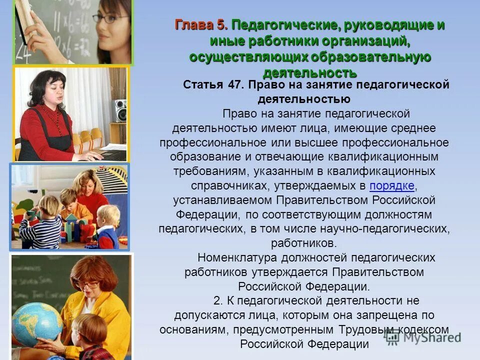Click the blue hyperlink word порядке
pos(391,186)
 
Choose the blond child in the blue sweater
pos(106,225)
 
